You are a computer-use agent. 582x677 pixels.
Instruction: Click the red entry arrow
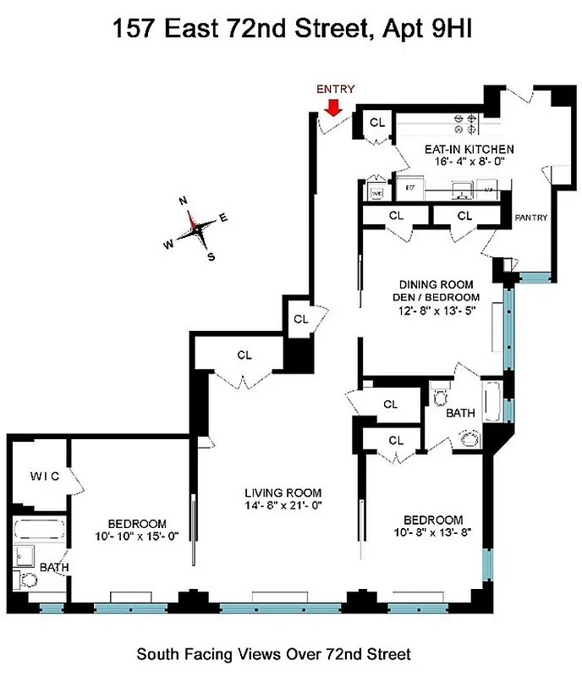(333, 107)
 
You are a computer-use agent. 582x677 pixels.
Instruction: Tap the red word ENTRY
(335, 89)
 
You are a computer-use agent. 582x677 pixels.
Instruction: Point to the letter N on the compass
(183, 201)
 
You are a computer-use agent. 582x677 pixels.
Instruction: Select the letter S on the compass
(211, 256)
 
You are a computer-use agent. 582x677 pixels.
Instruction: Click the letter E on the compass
(223, 217)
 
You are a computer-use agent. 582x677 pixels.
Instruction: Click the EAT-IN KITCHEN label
(469, 149)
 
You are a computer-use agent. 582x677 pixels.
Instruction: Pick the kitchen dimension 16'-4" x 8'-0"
(469, 162)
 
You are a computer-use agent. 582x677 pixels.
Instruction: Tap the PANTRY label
(531, 217)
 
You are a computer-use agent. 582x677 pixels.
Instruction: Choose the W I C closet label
(39, 476)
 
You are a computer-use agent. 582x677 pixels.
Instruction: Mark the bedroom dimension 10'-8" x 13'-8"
(420, 532)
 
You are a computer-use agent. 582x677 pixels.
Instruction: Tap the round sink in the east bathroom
(469, 438)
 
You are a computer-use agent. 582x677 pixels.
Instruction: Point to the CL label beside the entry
(377, 123)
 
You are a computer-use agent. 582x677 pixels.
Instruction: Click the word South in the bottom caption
(156, 654)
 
